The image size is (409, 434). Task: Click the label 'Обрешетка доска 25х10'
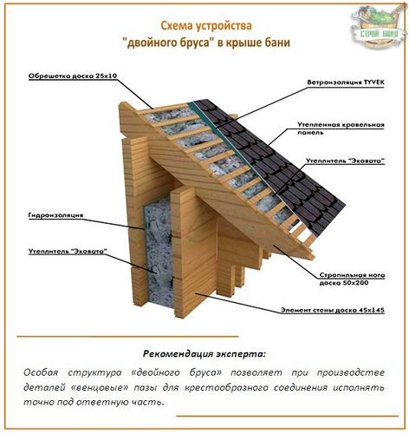pos(73,76)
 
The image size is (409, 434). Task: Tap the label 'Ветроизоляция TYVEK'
pos(346,82)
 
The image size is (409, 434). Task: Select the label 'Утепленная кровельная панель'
pos(341,128)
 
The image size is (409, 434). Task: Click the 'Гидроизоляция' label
pos(55,215)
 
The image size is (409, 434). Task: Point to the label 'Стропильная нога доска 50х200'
pos(352,279)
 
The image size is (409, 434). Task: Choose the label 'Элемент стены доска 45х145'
pos(333,310)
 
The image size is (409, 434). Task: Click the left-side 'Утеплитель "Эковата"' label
pos(68,251)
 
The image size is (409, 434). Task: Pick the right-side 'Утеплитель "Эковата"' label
pos(346,161)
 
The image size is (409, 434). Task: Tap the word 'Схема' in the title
pos(177,25)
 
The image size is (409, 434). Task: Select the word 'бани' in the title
pos(277,43)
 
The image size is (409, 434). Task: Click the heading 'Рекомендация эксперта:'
pos(204,353)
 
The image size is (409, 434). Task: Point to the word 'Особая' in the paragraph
pos(41,372)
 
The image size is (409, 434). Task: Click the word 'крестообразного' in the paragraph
pos(226,387)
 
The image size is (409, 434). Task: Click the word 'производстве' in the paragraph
pos(351,372)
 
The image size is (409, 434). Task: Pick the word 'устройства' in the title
pos(224,26)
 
